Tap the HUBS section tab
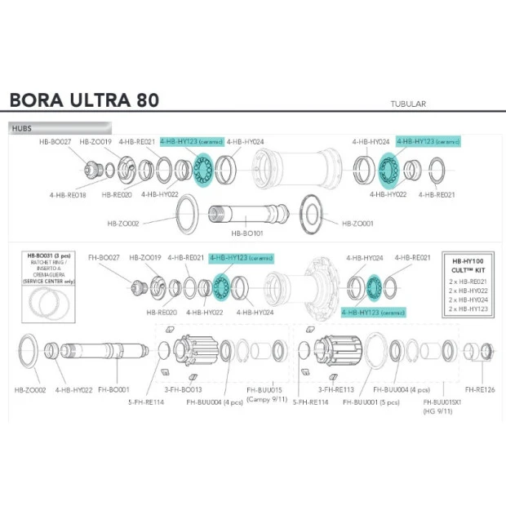click(23, 128)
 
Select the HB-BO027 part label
click(55, 141)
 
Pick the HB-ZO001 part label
click(357, 223)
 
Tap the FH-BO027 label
click(104, 258)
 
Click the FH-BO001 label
click(113, 390)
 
